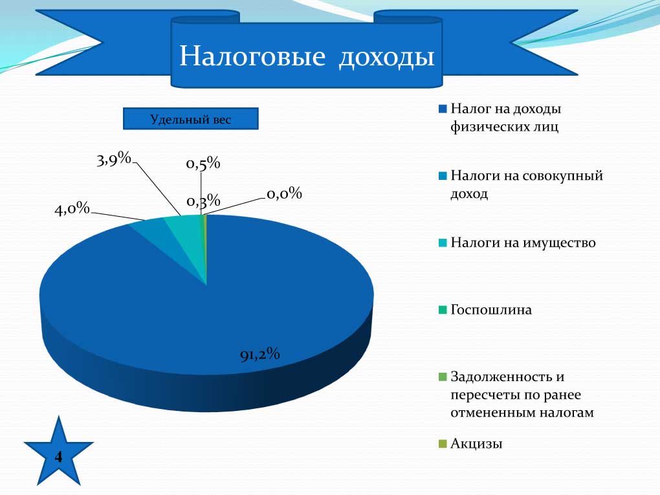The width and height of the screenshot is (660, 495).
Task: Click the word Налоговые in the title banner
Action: [252, 56]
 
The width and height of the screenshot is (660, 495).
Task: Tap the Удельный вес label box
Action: [191, 118]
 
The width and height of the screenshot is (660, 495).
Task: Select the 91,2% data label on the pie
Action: [260, 355]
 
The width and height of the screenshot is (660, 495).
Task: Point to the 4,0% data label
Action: [72, 208]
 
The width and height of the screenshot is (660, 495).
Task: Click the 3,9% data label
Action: [114, 159]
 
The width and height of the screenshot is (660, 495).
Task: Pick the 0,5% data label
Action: [203, 163]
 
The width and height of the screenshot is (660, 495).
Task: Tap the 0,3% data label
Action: [203, 201]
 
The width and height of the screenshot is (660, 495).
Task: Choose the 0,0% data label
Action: [285, 193]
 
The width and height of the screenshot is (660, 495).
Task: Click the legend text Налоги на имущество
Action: [523, 243]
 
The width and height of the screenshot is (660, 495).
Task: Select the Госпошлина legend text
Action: [491, 310]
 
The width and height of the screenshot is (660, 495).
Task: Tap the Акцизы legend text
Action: [476, 444]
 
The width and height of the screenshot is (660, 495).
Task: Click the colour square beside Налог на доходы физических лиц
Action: [443, 109]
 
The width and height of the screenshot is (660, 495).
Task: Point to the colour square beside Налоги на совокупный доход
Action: [443, 176]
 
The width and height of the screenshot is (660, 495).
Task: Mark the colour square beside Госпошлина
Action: [443, 310]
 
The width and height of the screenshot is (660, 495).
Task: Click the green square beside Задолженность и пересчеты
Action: [443, 377]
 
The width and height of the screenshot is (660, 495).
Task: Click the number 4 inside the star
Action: [58, 457]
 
